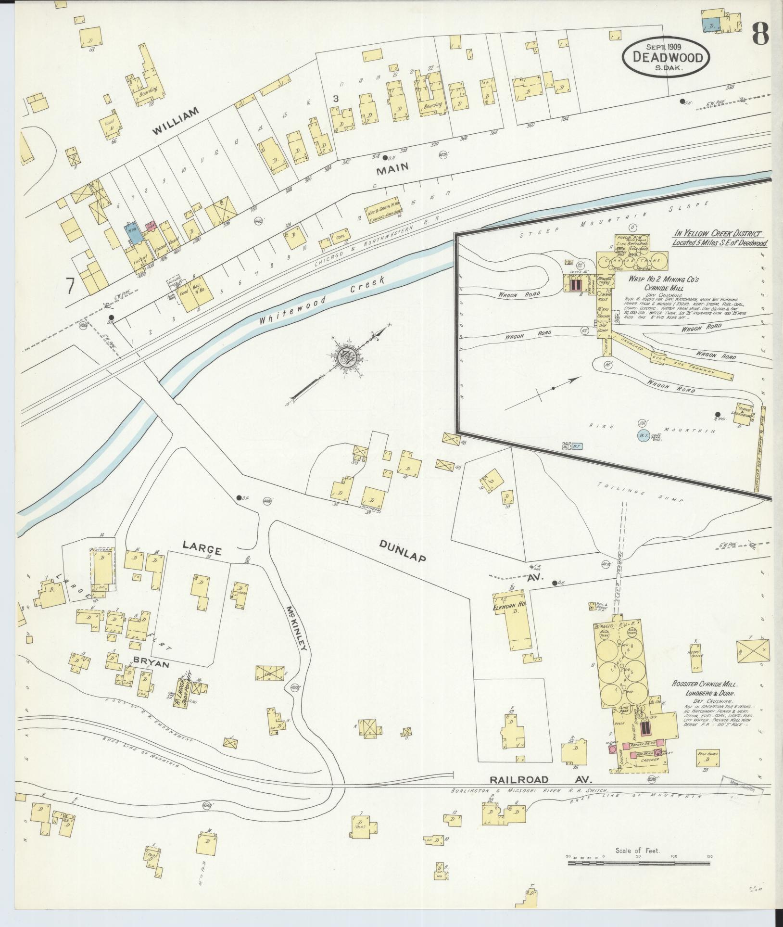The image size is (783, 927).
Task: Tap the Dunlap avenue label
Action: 403,551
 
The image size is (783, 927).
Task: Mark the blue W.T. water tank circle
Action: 641,436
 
